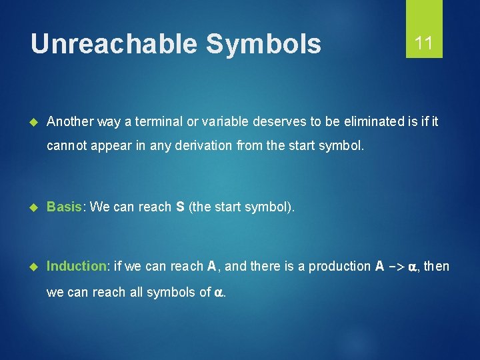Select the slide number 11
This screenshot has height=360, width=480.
point(424,44)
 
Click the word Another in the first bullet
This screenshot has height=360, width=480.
point(69,121)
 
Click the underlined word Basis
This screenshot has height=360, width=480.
point(65,207)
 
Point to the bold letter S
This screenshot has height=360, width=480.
point(180,207)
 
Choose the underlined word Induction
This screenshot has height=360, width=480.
point(77,267)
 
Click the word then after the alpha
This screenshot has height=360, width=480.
point(437,267)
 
